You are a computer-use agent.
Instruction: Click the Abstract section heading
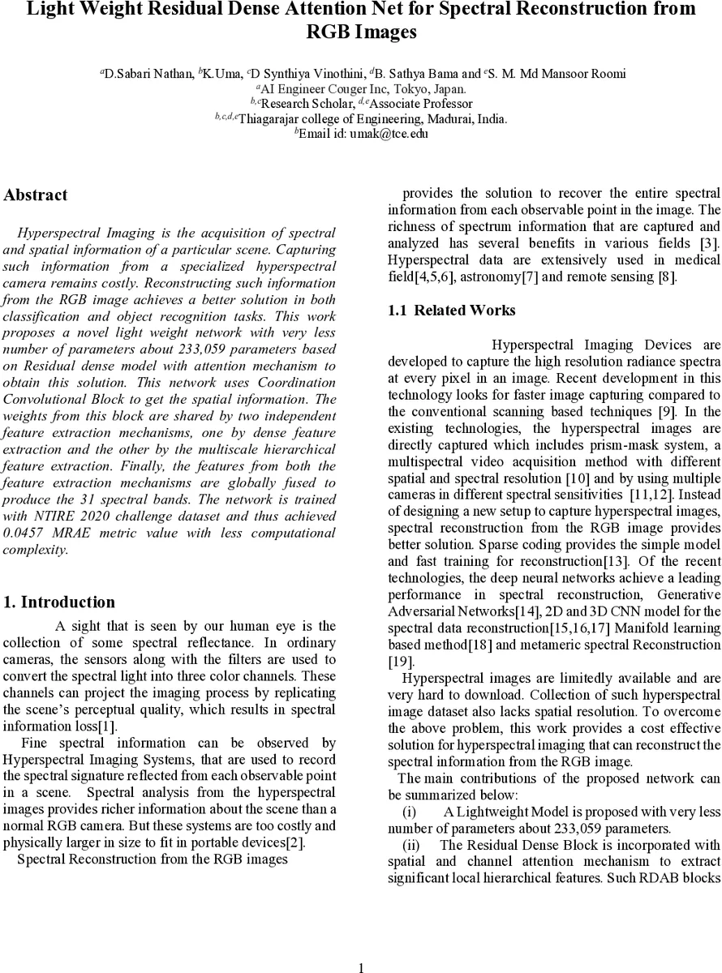(36, 195)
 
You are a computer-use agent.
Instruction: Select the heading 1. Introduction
(59, 602)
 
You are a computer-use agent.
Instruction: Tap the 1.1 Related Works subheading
(452, 311)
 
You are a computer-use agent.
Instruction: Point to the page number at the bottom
(361, 967)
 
